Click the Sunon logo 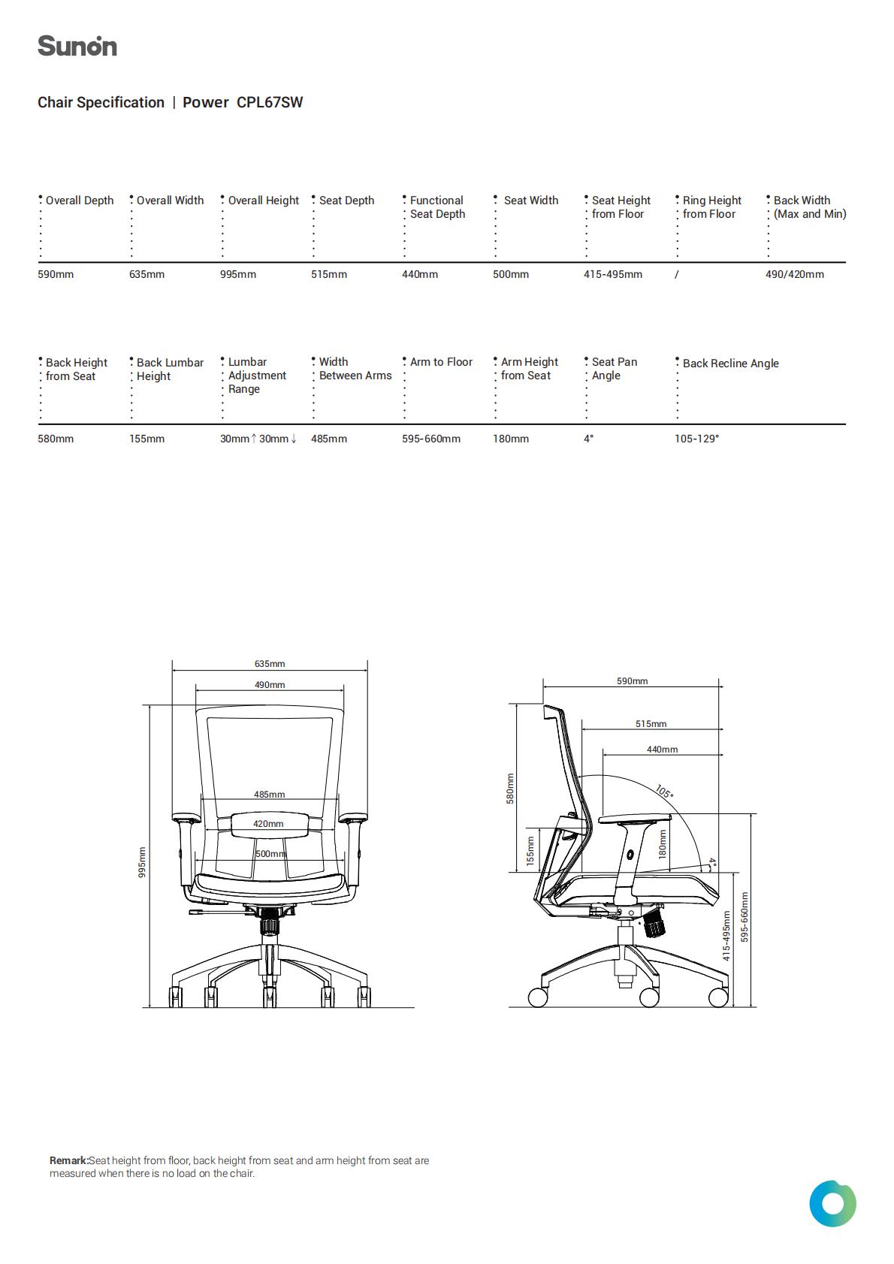click(77, 46)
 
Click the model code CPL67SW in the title click(270, 102)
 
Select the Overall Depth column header click(80, 201)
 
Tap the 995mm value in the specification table click(238, 274)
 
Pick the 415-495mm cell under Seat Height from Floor click(613, 274)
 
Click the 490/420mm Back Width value click(795, 274)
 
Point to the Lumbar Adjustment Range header click(257, 376)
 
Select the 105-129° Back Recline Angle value click(697, 439)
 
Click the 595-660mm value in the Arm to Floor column click(431, 439)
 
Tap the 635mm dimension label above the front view click(270, 664)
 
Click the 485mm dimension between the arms click(269, 794)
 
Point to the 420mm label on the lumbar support click(268, 823)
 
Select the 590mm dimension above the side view click(632, 680)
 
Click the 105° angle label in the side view click(665, 791)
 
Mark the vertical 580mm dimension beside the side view click(510, 789)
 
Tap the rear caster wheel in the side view click(538, 997)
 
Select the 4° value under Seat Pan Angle click(589, 439)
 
